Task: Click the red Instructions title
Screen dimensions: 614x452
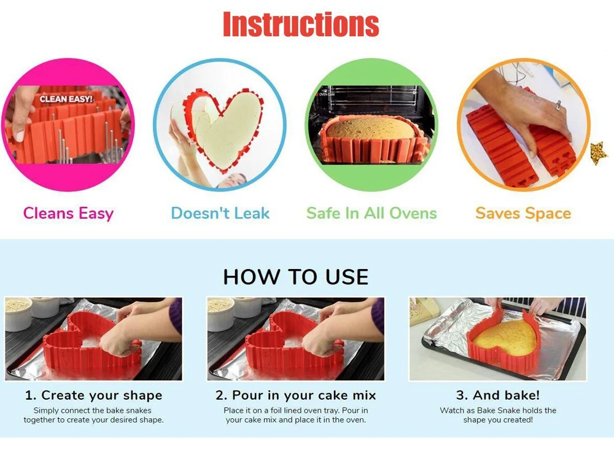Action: pyautogui.click(x=301, y=25)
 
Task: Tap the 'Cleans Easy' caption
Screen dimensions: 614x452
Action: pyautogui.click(x=68, y=214)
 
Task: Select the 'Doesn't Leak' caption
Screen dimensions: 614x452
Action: pyautogui.click(x=220, y=213)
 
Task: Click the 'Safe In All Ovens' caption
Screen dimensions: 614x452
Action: pyautogui.click(x=371, y=213)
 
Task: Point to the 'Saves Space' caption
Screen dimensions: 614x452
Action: pyautogui.click(x=523, y=214)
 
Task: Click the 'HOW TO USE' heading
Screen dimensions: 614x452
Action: pyautogui.click(x=296, y=277)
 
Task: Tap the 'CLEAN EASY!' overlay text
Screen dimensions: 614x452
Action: pyautogui.click(x=66, y=99)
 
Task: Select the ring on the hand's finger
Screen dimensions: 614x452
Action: pyautogui.click(x=559, y=105)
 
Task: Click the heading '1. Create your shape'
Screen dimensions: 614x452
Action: pyautogui.click(x=93, y=395)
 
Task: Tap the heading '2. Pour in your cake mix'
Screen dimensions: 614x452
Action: pyautogui.click(x=296, y=395)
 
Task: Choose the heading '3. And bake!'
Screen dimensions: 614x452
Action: pyautogui.click(x=498, y=395)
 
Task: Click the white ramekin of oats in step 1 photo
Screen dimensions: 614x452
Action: pyautogui.click(x=18, y=313)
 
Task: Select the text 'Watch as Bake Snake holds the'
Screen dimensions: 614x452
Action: pyautogui.click(x=498, y=410)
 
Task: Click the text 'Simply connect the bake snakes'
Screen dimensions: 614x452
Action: pyautogui.click(x=93, y=410)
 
